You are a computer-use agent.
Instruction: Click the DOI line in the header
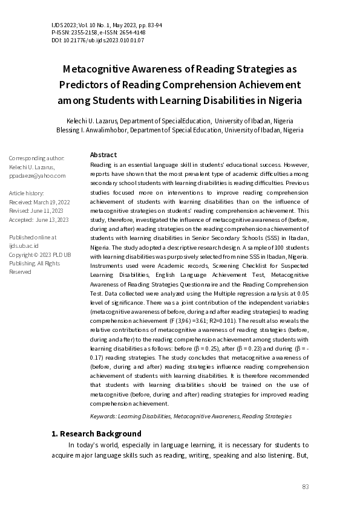97,41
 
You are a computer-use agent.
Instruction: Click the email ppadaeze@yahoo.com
37,176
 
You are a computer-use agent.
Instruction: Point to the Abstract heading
103,155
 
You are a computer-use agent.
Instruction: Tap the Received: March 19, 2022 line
39,202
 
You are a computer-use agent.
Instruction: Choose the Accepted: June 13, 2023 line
39,219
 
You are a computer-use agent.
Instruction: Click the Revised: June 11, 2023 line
38,211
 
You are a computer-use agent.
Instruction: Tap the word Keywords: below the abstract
102,417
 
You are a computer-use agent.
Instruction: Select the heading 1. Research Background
96,433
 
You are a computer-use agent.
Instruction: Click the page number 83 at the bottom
305,487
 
